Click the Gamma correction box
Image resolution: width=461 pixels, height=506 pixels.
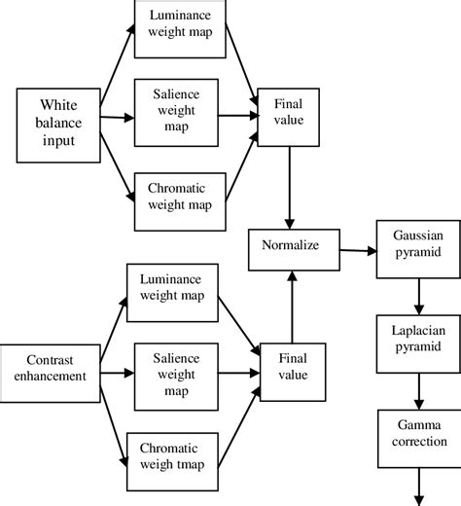[x=416, y=434]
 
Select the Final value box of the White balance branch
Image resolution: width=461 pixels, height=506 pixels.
[x=288, y=112]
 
